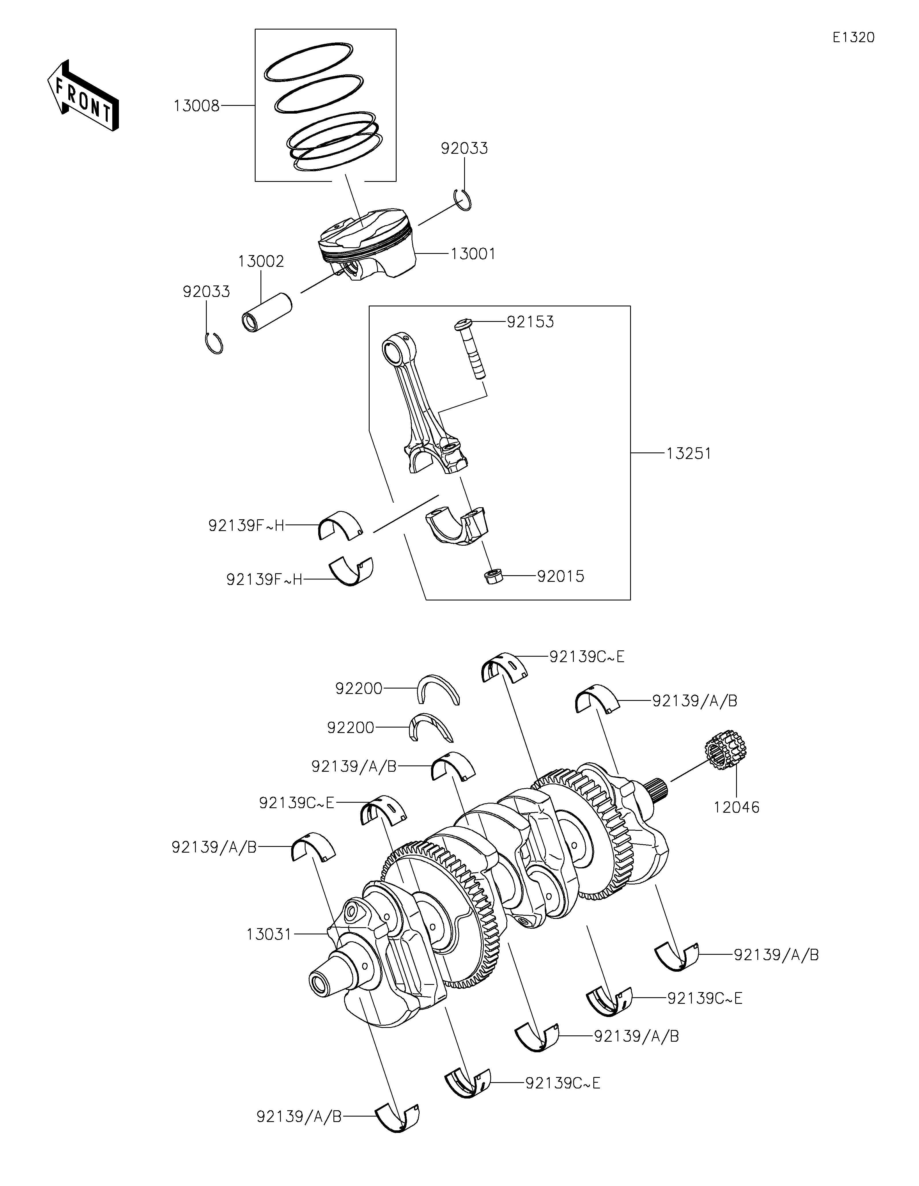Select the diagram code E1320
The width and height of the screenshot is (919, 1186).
pyautogui.click(x=853, y=38)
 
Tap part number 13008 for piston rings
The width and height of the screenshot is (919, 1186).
pyautogui.click(x=196, y=106)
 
